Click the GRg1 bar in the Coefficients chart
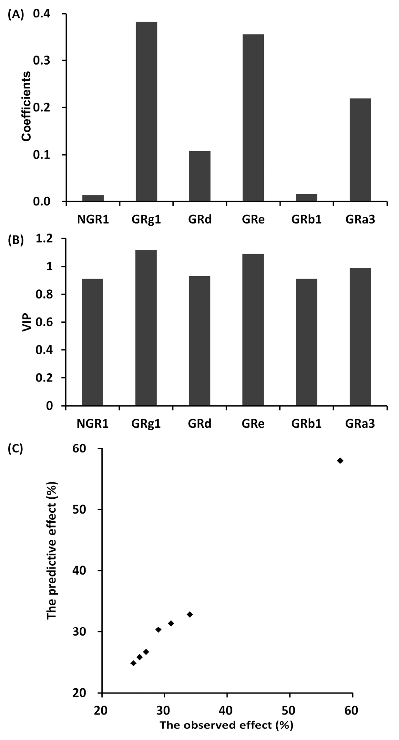click(x=146, y=111)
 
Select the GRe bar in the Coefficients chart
click(x=253, y=118)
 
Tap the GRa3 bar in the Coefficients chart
click(x=360, y=150)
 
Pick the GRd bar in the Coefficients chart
click(x=200, y=176)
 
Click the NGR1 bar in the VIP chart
click(x=93, y=342)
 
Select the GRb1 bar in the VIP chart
click(x=307, y=342)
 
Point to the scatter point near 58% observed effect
click(x=340, y=460)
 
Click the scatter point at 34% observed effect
click(x=190, y=614)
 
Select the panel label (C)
click(x=15, y=449)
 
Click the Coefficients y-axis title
click(x=26, y=106)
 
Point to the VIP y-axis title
click(x=27, y=322)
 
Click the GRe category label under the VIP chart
click(x=253, y=423)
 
